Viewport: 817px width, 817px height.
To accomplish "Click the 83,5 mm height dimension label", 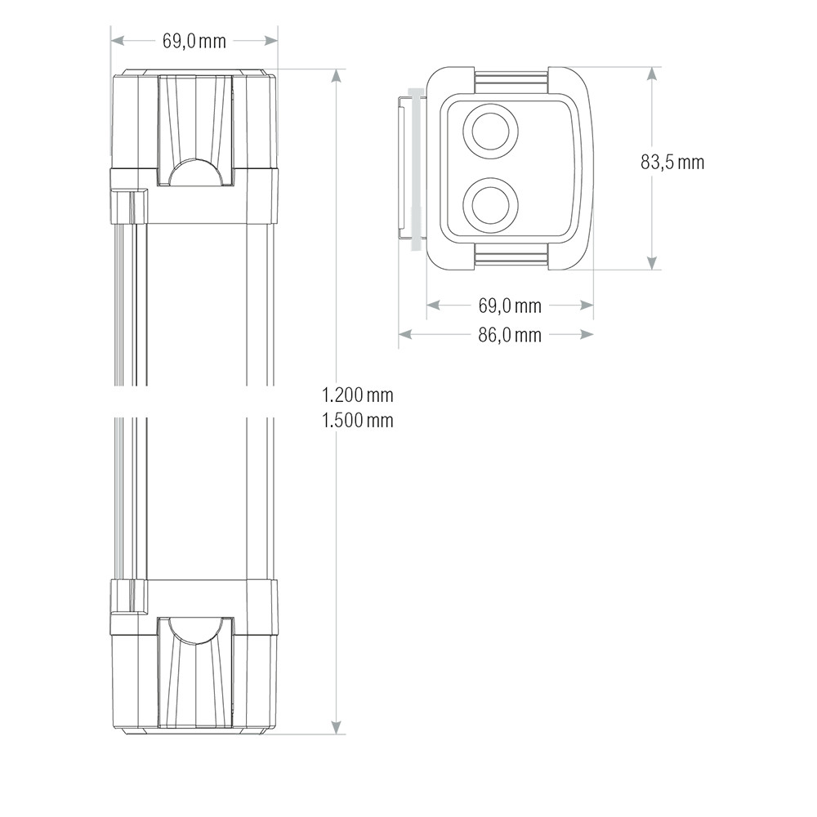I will [x=672, y=162].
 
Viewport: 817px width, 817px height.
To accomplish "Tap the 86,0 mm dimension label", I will [x=510, y=334].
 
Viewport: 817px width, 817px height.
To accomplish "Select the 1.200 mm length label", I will [x=357, y=395].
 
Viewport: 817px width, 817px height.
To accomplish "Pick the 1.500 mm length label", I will [x=357, y=421].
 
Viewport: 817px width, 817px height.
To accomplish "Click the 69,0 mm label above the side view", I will [x=194, y=41].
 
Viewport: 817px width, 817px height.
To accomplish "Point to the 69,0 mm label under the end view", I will [x=510, y=306].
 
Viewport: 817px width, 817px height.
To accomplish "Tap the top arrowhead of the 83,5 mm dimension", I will [x=651, y=74].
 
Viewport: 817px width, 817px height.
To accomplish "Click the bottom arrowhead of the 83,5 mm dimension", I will [x=651, y=262].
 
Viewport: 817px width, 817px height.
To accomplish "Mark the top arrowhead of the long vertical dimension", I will [x=336, y=76].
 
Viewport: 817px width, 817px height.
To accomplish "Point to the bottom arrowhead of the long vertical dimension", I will [x=336, y=727].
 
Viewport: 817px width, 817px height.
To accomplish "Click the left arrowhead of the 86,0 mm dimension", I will [x=405, y=334].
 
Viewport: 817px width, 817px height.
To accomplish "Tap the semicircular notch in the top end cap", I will [x=194, y=173].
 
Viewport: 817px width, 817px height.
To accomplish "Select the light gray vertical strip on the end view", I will [x=416, y=168].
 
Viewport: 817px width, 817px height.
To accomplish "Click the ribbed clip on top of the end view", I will [x=511, y=80].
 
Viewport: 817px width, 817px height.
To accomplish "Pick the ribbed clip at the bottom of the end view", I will [x=511, y=257].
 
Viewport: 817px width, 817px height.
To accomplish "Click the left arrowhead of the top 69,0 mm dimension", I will [x=118, y=40].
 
